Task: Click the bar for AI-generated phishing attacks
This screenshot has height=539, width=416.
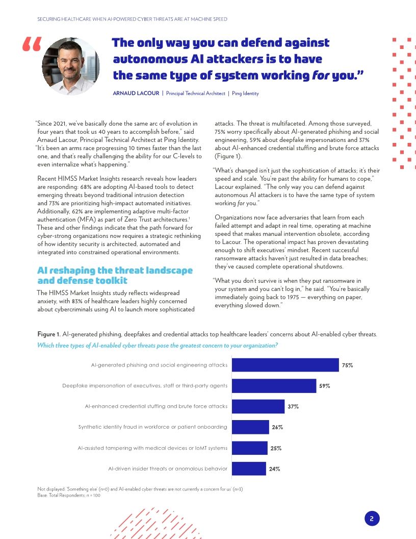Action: (x=285, y=365)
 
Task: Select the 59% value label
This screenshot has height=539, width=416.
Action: (x=324, y=386)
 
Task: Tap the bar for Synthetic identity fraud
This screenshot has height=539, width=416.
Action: (x=250, y=427)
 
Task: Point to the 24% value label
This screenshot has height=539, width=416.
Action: (x=274, y=469)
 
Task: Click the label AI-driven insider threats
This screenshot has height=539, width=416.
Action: (x=168, y=469)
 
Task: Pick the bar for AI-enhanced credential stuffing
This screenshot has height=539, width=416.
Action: (x=258, y=406)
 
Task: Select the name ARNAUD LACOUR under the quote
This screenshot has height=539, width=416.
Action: (x=135, y=93)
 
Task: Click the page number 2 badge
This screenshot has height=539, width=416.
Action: (x=372, y=519)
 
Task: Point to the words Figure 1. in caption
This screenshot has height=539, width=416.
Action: (x=48, y=334)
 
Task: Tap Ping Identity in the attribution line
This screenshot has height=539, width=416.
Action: (x=245, y=93)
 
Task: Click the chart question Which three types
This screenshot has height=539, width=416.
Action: (x=158, y=345)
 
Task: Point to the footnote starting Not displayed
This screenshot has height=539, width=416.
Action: (x=140, y=489)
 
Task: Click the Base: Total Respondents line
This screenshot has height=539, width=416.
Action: (x=69, y=495)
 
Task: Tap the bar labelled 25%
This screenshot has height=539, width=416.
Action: (x=250, y=448)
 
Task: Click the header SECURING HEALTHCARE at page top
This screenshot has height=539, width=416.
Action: (x=132, y=19)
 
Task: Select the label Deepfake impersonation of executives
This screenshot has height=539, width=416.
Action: (x=145, y=386)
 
